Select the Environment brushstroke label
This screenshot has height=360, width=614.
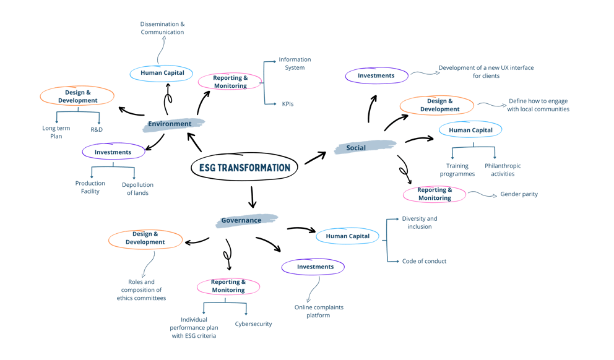coord(173,124)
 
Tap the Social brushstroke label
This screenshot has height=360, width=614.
coord(365,147)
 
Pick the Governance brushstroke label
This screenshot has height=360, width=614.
coord(246,220)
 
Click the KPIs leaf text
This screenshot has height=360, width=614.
coord(288,104)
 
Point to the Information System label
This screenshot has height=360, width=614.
coord(295,63)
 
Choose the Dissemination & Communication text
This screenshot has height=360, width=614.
coord(162,28)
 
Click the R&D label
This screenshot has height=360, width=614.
coord(97,129)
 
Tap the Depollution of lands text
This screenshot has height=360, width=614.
coord(137,189)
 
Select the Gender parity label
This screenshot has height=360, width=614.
coord(519,194)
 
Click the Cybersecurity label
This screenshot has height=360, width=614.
coord(253,324)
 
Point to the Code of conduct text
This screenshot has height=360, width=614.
coord(424,261)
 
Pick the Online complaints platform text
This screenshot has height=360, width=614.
coord(319,311)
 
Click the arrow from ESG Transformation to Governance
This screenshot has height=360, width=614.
coord(252,197)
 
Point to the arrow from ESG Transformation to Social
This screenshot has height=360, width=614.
coord(315,158)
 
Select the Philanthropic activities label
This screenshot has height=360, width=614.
coord(503,170)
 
